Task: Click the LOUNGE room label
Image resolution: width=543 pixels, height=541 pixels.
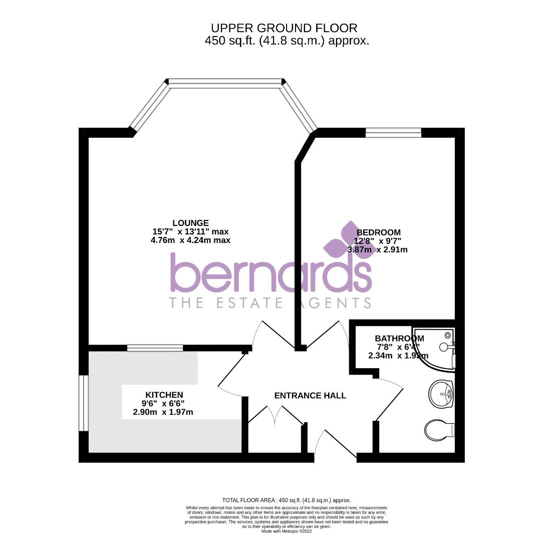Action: tap(190, 223)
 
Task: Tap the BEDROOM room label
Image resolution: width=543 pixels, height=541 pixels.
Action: tap(379, 232)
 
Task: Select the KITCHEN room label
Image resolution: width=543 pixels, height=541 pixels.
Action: tap(164, 395)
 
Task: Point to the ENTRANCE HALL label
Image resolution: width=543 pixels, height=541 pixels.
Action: tap(310, 396)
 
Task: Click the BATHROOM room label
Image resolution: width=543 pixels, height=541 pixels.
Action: tap(399, 339)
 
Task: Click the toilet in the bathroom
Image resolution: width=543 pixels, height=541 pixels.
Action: tap(439, 429)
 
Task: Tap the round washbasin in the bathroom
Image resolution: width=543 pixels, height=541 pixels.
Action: tap(441, 393)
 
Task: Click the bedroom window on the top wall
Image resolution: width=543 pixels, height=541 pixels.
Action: tap(393, 132)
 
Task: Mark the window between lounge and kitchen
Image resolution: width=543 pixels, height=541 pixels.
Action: tap(155, 348)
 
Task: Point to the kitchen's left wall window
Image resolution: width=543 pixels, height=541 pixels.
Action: tap(84, 403)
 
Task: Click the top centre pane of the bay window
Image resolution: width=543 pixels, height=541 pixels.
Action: tap(225, 83)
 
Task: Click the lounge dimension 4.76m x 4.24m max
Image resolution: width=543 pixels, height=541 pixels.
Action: tap(190, 240)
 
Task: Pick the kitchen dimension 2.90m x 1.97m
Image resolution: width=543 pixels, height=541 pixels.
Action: tap(163, 412)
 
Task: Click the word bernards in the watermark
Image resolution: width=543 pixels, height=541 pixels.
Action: tap(271, 273)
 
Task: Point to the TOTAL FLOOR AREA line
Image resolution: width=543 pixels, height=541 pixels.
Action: tap(287, 500)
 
